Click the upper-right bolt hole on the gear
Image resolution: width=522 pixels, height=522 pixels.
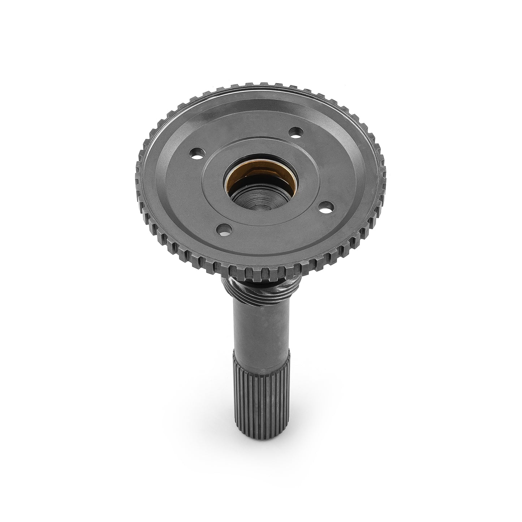pyautogui.click(x=296, y=131)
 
